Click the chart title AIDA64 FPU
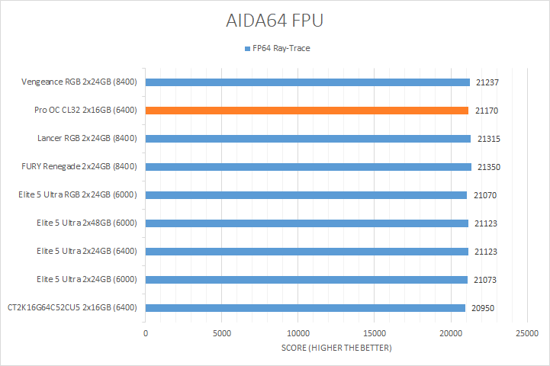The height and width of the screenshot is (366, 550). (x=275, y=21)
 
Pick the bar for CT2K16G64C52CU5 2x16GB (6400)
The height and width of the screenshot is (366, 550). (x=305, y=308)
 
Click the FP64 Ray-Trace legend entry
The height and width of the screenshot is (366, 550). (x=277, y=49)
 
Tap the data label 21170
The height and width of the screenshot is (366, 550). (x=487, y=111)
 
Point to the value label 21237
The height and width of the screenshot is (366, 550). (x=487, y=82)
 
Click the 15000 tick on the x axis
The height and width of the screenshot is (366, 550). (x=375, y=333)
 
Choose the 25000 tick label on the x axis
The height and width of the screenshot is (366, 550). (x=527, y=333)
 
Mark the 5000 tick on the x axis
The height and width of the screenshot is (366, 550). (x=222, y=333)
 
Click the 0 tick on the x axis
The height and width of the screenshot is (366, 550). (x=146, y=333)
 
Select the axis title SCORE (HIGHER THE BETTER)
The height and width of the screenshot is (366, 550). (x=336, y=348)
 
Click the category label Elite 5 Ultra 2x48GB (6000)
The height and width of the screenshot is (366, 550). (x=87, y=223)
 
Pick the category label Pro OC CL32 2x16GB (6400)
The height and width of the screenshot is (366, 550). (x=86, y=111)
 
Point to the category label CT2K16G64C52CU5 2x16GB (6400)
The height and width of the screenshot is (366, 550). (x=72, y=308)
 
